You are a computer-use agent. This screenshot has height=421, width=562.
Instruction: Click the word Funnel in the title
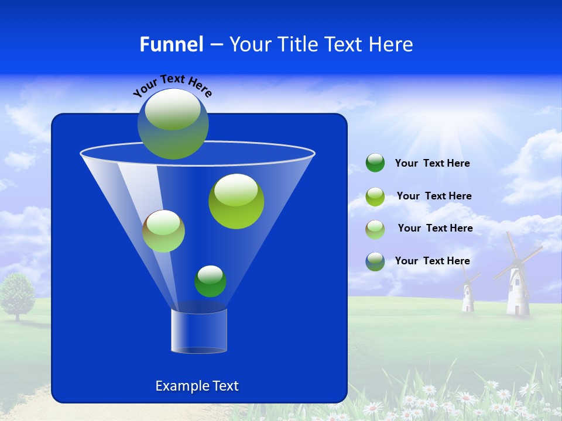(171, 44)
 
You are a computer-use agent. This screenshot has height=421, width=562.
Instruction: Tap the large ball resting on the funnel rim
(173, 123)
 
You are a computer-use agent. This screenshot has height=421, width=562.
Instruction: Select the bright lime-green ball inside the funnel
(236, 201)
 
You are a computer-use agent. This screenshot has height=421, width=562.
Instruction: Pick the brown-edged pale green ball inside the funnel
(163, 231)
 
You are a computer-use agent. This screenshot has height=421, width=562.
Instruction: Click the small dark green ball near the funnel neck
(210, 281)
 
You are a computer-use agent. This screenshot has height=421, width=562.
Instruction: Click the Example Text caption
(197, 386)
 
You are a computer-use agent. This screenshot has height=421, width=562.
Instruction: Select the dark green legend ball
(375, 163)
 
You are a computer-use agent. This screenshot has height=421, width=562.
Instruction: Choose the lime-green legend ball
(375, 196)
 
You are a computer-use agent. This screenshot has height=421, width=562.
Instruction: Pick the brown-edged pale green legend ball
(375, 229)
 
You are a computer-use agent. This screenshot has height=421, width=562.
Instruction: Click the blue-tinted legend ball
(375, 261)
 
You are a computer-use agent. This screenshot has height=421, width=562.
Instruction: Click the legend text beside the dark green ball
(432, 164)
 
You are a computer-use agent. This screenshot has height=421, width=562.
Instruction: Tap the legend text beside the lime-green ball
(434, 196)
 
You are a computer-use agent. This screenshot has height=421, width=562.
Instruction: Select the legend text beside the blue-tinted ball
(432, 261)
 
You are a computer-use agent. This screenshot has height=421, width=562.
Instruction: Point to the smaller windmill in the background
(468, 292)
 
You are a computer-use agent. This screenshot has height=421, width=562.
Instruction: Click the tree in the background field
(18, 295)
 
